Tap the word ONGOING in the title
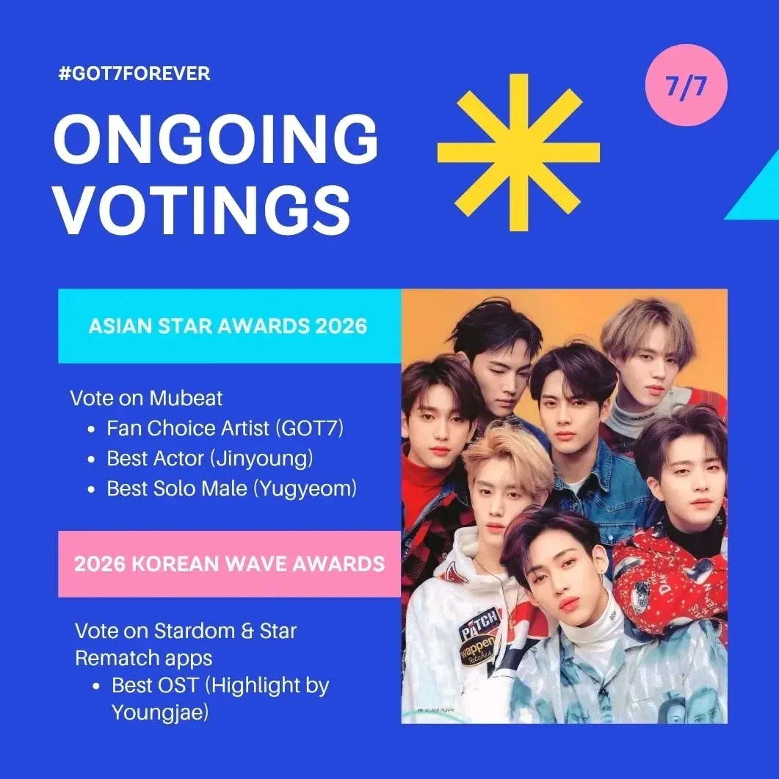(x=216, y=142)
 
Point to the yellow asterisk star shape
(x=518, y=152)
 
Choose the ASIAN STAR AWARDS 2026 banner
(x=228, y=326)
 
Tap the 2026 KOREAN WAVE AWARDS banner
(x=229, y=564)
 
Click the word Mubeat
(x=186, y=399)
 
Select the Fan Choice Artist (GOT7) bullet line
(x=225, y=428)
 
